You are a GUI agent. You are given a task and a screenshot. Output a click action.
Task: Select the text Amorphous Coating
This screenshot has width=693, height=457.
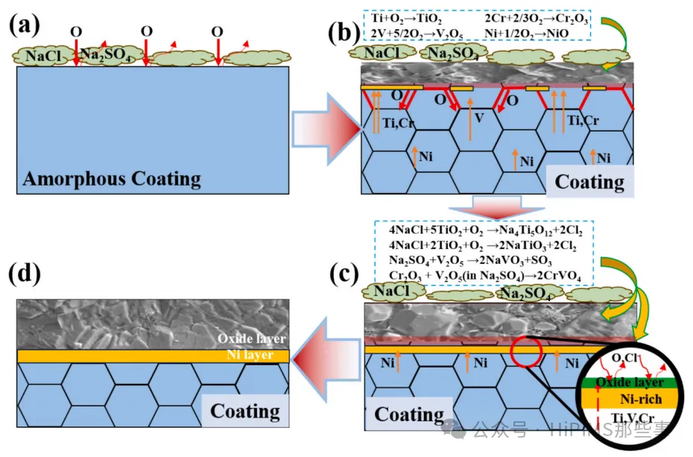coord(112,179)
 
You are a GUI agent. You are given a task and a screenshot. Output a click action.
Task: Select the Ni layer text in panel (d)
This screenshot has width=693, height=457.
coord(251,355)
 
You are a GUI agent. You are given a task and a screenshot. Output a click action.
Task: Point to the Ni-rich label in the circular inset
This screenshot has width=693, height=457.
coord(630,399)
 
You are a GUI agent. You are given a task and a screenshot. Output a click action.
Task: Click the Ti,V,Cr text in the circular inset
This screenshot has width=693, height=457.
coord(630,417)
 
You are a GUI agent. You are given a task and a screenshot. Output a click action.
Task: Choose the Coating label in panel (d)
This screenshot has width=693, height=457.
coord(245,411)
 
